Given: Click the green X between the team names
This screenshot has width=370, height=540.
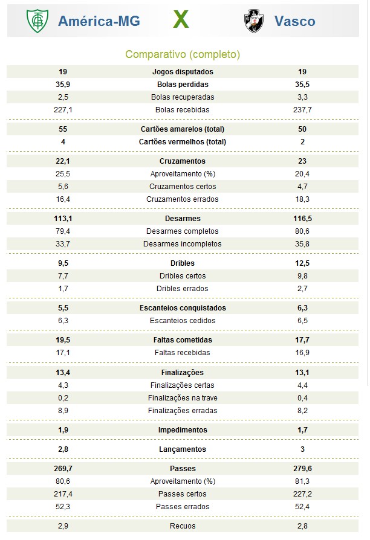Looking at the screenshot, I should click(181, 21).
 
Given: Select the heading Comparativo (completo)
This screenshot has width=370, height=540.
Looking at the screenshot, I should click(183, 54).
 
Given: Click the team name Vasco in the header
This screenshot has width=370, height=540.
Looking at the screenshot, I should click(294, 21).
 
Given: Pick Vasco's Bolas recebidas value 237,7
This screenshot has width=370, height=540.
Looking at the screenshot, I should click(302, 110).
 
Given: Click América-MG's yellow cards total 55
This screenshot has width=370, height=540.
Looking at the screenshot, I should click(63, 129).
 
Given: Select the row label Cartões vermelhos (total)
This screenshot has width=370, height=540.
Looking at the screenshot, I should click(183, 142).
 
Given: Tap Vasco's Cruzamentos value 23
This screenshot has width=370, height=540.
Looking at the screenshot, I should click(302, 161).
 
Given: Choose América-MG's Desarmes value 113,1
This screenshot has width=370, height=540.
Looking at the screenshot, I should click(63, 219).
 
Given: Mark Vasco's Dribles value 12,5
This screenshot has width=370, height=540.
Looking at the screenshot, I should click(302, 263).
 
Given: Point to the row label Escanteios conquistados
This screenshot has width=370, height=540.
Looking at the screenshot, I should click(183, 308).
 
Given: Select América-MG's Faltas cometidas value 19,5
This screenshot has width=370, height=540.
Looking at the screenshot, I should click(63, 340).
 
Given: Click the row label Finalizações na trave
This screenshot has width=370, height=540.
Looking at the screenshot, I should click(183, 398).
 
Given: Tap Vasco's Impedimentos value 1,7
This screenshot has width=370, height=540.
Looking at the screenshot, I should click(302, 430).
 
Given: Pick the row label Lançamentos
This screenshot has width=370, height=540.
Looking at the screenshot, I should click(183, 449).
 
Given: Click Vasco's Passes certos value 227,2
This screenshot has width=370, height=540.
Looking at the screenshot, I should click(302, 494).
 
